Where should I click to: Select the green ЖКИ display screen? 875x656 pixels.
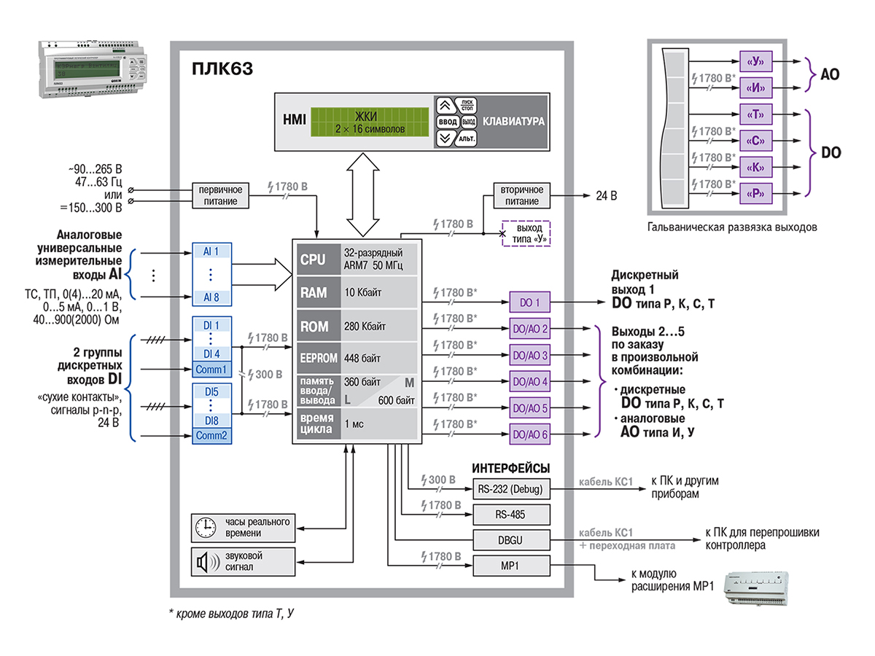tap(369, 122)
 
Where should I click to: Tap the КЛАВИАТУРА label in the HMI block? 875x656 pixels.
tap(514, 122)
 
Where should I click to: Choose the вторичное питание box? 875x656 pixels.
tap(522, 195)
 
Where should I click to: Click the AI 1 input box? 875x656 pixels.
tap(211, 251)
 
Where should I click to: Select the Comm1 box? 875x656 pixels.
tap(211, 370)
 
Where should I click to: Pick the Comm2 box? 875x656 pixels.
tap(211, 436)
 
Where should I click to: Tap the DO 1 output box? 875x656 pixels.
tap(530, 302)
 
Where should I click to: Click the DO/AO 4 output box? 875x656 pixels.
tap(530, 381)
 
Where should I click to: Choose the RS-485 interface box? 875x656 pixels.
tap(510, 515)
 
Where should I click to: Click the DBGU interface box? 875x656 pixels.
tap(510, 540)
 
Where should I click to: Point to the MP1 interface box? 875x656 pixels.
tap(510, 566)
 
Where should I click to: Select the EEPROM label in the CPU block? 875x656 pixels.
tap(318, 358)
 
